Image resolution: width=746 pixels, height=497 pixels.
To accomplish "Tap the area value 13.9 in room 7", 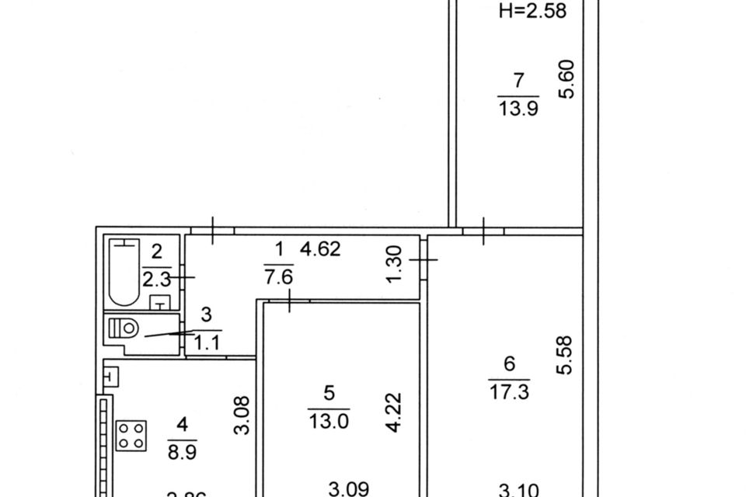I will [518, 109].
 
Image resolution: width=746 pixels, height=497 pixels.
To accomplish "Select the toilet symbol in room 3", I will [127, 329].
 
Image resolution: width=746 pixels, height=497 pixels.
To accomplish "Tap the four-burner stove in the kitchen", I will [132, 435].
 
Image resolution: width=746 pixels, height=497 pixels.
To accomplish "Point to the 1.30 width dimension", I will [395, 264].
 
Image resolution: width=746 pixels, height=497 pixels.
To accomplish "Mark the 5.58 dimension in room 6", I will [565, 355].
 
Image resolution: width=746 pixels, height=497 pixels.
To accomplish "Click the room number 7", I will [518, 80].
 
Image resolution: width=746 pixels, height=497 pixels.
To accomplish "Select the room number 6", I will [510, 363].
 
